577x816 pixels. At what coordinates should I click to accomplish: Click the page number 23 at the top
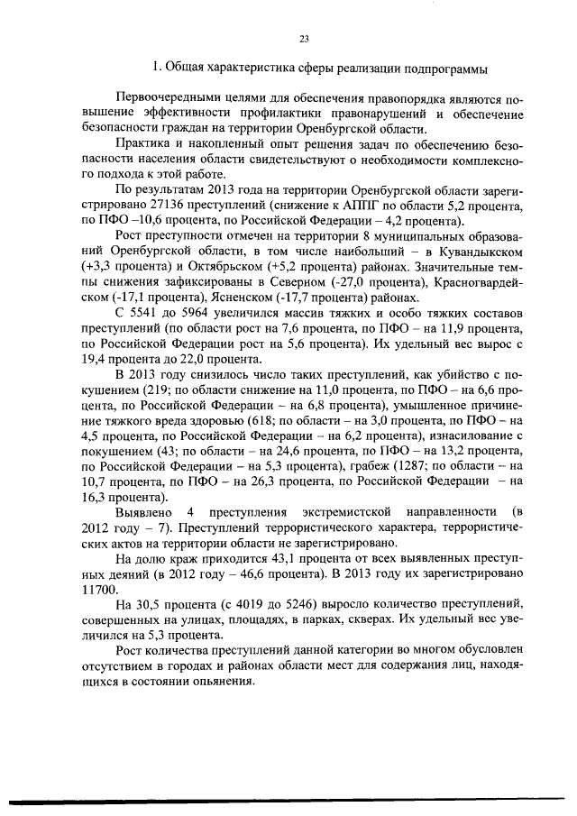(303, 38)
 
